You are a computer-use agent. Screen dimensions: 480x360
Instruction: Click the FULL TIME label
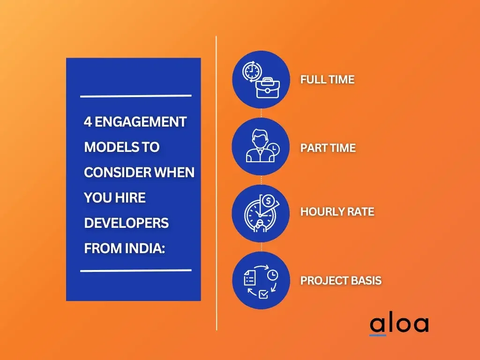click(x=327, y=80)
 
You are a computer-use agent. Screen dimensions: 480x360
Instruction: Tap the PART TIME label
click(x=328, y=148)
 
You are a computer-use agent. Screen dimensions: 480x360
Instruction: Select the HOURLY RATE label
click(x=337, y=212)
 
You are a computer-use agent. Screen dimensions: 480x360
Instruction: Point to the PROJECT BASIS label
click(x=341, y=280)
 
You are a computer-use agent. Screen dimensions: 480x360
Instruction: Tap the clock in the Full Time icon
click(x=252, y=72)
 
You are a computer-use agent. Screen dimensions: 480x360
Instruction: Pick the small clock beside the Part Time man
click(x=273, y=149)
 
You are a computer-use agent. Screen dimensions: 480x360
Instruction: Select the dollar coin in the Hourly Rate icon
click(x=269, y=201)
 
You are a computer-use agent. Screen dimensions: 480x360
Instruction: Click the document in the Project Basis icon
click(x=249, y=277)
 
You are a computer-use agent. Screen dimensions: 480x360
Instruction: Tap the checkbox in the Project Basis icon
click(x=263, y=294)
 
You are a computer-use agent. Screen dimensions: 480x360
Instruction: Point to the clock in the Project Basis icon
click(x=272, y=275)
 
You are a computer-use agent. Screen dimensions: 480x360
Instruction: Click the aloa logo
click(x=399, y=325)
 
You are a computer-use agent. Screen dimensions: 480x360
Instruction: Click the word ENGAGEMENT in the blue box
click(x=141, y=122)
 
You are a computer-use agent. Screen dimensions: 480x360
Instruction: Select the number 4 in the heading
click(x=88, y=122)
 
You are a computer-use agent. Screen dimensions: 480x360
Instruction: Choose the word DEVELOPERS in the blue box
click(x=127, y=223)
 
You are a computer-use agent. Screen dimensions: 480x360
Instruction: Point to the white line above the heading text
click(x=136, y=96)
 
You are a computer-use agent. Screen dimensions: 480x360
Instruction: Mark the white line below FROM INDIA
click(x=136, y=270)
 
